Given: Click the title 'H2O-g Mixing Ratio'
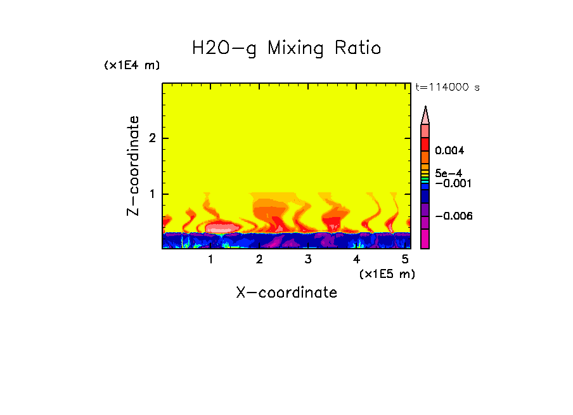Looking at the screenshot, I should click(x=286, y=48).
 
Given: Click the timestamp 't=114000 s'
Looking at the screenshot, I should click(x=447, y=87).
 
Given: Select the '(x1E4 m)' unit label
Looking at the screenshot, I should click(x=132, y=65).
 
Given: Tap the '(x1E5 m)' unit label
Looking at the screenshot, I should click(x=387, y=273).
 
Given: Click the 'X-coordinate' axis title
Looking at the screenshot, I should click(x=286, y=293).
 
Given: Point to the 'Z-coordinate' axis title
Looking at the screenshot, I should click(x=133, y=166).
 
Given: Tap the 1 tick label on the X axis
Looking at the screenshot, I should click(x=210, y=259).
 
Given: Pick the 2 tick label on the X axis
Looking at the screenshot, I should click(x=259, y=259).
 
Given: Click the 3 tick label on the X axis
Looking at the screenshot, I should click(x=308, y=259).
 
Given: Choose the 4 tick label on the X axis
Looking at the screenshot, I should click(x=356, y=259).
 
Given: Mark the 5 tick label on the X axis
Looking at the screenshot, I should click(x=405, y=259).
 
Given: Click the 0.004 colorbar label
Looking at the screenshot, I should click(x=450, y=151).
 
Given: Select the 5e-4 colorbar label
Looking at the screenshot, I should click(x=448, y=173).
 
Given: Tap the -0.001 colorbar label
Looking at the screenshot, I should click(x=451, y=183).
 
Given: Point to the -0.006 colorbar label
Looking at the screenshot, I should click(x=454, y=216).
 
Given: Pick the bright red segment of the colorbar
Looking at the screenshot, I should click(x=425, y=143).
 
